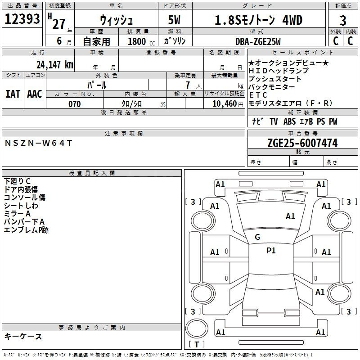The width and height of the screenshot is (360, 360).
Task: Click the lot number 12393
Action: tap(22, 19)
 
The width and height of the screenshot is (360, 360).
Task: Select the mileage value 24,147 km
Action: tap(55, 65)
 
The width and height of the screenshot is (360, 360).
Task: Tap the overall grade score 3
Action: tap(343, 21)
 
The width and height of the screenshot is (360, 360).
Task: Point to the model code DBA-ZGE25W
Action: tap(258, 41)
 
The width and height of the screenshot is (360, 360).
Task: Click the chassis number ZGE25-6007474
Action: tap(302, 143)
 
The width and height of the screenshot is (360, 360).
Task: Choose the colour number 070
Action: tap(75, 104)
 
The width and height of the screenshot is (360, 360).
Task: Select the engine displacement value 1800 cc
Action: tap(141, 41)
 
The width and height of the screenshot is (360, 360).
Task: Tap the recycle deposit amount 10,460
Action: tap(224, 104)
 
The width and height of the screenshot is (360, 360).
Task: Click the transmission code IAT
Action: tap(13, 94)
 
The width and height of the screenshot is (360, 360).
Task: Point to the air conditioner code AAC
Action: tap(35, 94)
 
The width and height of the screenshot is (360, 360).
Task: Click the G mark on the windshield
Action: tap(257, 237)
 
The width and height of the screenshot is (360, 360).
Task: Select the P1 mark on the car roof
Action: tap(271, 251)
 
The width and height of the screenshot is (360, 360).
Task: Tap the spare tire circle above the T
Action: tap(197, 328)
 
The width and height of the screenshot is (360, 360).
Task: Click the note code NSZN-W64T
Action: tap(38, 143)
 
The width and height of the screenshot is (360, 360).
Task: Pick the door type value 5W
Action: tap(174, 20)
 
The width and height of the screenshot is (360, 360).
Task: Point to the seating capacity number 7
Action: tap(188, 85)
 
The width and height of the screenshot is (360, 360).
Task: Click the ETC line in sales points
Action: tap(258, 95)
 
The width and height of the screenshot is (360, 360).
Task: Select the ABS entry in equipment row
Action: tap(289, 121)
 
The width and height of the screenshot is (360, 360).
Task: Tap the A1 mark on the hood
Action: tap(290, 216)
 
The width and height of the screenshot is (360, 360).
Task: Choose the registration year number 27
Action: tap(59, 24)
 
